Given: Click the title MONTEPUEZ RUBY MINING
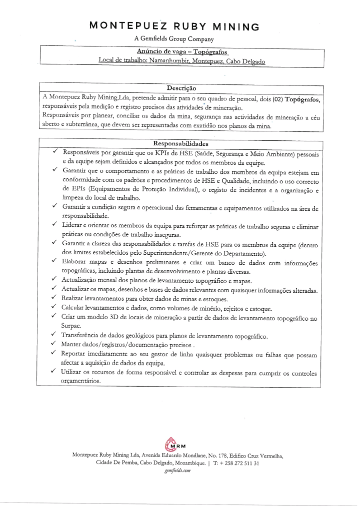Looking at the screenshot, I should point(173,27).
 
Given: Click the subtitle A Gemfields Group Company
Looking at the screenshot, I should point(174,39).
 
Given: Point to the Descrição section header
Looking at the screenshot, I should point(181,88).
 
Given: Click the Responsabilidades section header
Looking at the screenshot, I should point(180,144).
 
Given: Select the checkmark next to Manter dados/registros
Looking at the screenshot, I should point(54,344).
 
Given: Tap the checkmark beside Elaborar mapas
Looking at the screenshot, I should point(54,261).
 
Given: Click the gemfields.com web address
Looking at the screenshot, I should point(177,471).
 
